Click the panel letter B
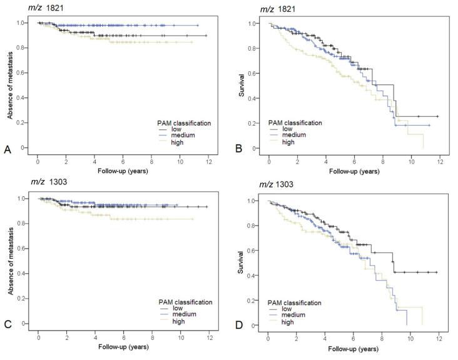(x=238, y=150)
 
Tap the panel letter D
(x=238, y=326)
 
